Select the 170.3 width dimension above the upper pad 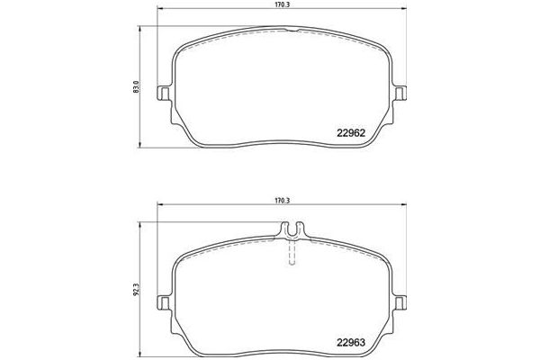287,5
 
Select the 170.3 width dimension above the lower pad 287,202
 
